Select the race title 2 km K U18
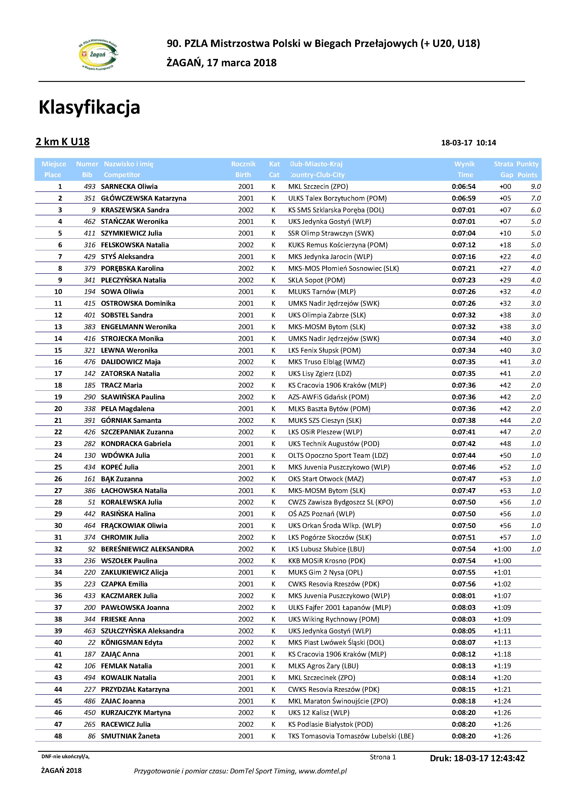63,142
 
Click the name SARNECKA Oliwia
129,187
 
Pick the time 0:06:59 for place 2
464,198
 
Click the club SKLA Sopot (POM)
316,280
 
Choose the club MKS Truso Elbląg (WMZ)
326,362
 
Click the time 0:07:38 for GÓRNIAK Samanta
464,420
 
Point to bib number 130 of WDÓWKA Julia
90,455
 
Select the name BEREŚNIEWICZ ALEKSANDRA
147,549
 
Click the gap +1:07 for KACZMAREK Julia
502,596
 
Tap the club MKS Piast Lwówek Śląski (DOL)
336,643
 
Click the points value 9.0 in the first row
536,187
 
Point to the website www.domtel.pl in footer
322,771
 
